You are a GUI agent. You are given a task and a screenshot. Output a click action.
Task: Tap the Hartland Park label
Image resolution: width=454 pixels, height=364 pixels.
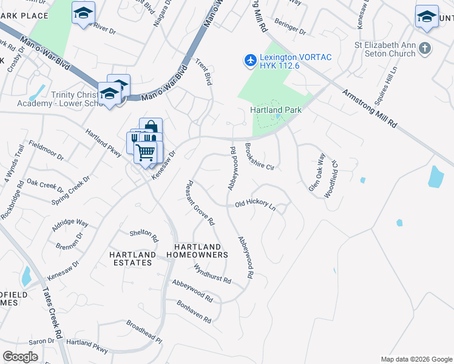tap(276, 110)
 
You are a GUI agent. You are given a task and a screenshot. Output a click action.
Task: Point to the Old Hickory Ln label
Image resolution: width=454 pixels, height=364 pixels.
tap(255, 205)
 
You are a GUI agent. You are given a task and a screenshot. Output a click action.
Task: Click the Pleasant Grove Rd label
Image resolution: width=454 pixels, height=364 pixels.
tap(200, 203)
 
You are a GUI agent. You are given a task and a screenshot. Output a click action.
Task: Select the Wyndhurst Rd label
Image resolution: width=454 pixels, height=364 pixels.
tap(212, 274)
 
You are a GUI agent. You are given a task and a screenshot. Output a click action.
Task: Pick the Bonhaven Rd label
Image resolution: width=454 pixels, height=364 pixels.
tap(194, 311)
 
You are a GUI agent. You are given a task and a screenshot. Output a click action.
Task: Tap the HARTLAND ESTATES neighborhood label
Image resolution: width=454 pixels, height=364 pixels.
tap(130, 258)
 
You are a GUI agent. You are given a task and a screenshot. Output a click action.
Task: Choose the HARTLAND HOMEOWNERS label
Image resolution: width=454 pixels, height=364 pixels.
tap(201, 251)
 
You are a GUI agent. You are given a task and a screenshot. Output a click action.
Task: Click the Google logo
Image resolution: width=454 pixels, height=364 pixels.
tap(20, 357)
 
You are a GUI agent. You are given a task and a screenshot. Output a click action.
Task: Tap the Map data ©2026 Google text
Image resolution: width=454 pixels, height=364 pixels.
tap(416, 359)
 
